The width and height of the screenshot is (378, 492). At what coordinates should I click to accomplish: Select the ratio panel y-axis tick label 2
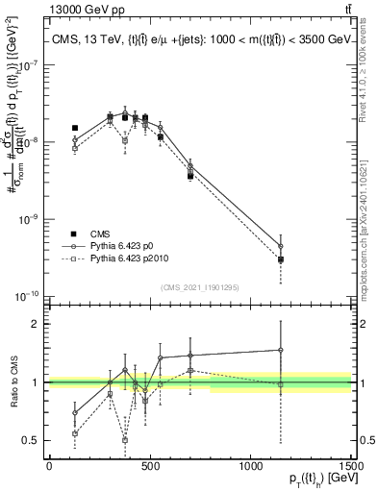[36, 324]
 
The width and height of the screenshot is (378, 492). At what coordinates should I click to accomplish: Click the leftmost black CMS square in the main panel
[75, 128]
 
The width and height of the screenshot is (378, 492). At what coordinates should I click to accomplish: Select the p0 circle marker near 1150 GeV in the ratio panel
[281, 350]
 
